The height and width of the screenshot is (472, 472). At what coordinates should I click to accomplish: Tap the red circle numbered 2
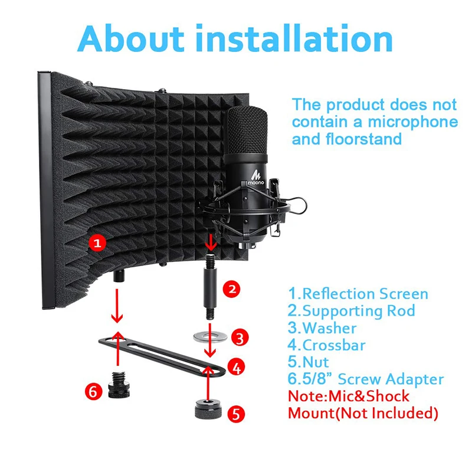coord(232,289)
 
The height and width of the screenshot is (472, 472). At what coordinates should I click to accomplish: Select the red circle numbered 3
coord(238,337)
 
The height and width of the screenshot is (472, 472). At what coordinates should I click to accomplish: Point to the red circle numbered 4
coord(236,368)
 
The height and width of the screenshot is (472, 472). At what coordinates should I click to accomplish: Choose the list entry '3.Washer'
coord(322,327)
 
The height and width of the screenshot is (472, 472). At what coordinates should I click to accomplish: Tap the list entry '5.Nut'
coord(309,362)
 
